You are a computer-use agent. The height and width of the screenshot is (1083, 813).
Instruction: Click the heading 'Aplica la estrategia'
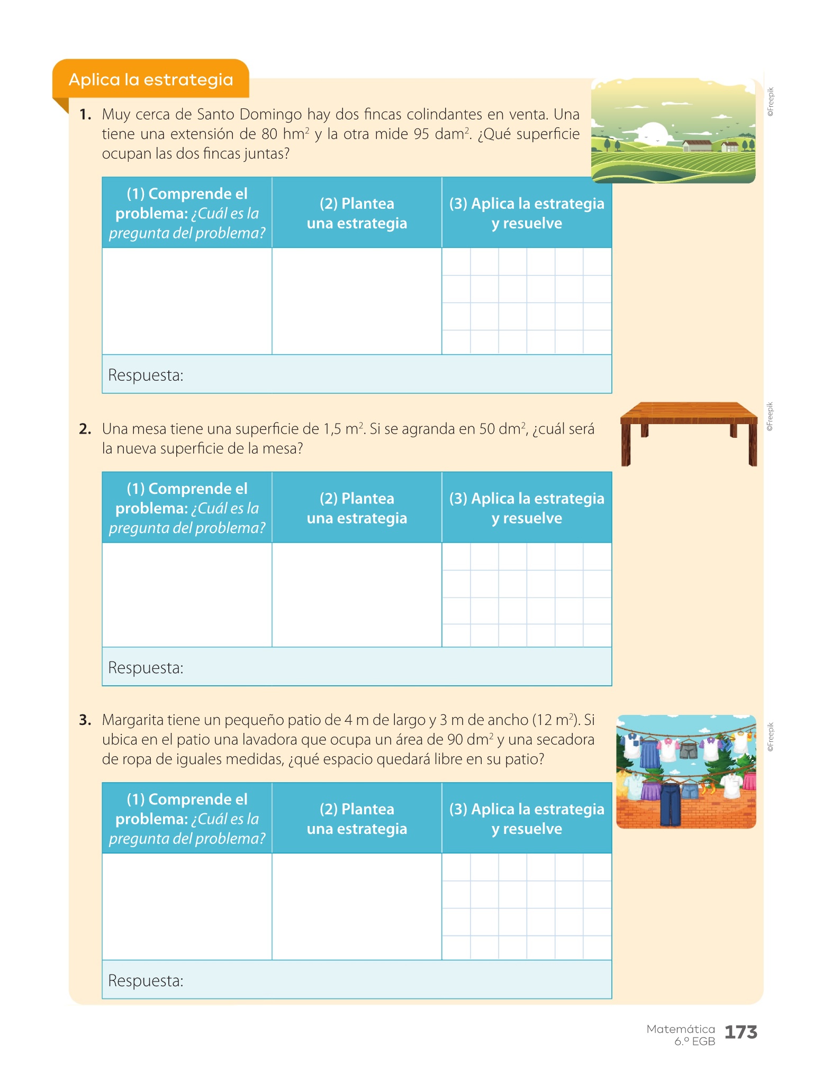151,80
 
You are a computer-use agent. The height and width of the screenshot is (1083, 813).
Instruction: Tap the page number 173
740,1032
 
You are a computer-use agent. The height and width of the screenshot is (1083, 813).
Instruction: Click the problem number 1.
85,114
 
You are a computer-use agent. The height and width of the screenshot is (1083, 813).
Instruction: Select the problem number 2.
85,429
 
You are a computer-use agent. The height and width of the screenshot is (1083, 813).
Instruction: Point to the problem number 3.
85,720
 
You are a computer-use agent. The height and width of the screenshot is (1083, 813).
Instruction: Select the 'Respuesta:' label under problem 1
146,375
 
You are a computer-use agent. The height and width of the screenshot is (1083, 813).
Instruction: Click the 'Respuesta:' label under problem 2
146,668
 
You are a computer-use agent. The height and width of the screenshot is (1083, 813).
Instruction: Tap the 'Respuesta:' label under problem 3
146,981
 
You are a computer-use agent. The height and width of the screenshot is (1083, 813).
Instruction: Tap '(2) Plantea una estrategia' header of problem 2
357,508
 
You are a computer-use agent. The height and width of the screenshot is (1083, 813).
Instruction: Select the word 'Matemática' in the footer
681,1029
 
